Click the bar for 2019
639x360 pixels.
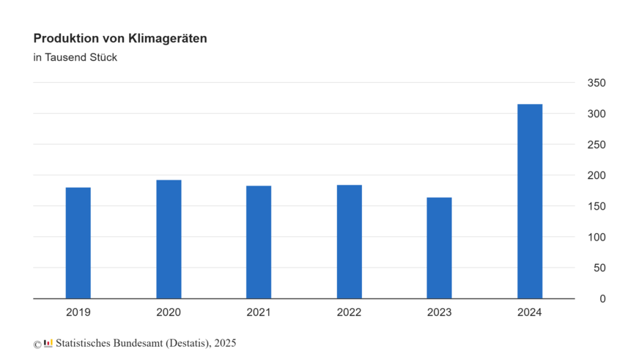pyautogui.click(x=78, y=243)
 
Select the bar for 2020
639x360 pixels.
pyautogui.click(x=169, y=240)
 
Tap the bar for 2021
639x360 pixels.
pyautogui.click(x=259, y=243)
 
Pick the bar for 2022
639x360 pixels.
pyautogui.click(x=350, y=242)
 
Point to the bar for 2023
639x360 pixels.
pyautogui.click(x=440, y=249)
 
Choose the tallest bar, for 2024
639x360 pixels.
pyautogui.click(x=530, y=202)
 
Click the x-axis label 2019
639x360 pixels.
pyautogui.click(x=78, y=312)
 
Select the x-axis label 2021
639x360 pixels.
pyautogui.click(x=259, y=312)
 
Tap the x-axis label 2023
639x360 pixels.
pyautogui.click(x=440, y=312)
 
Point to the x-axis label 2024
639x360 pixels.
pyautogui.click(x=530, y=312)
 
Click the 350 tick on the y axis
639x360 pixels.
pyautogui.click(x=596, y=84)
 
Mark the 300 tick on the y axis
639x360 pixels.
pyautogui.click(x=596, y=114)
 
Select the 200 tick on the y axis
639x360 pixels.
pyautogui.click(x=596, y=176)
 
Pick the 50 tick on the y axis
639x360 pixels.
pyautogui.click(x=599, y=268)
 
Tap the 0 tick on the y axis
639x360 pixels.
pyautogui.click(x=602, y=299)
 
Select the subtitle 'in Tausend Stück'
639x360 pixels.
pyautogui.click(x=75, y=58)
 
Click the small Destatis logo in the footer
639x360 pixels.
pyautogui.click(x=48, y=343)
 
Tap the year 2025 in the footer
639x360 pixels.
pyautogui.click(x=225, y=343)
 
